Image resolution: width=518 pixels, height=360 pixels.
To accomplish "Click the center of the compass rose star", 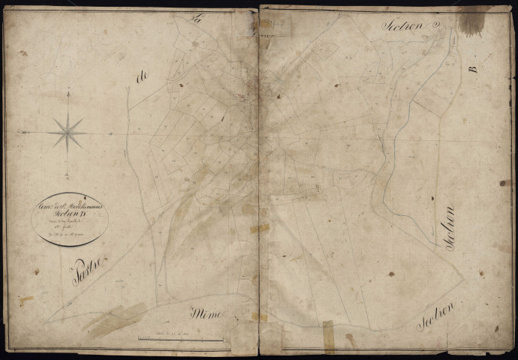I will [68, 133].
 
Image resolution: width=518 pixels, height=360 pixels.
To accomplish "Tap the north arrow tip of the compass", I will [68, 91].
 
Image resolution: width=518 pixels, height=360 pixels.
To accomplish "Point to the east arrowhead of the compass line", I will [112, 133].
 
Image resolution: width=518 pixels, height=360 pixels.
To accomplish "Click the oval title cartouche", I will [70, 218].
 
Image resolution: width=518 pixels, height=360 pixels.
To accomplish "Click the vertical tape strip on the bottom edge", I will [327, 337].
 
